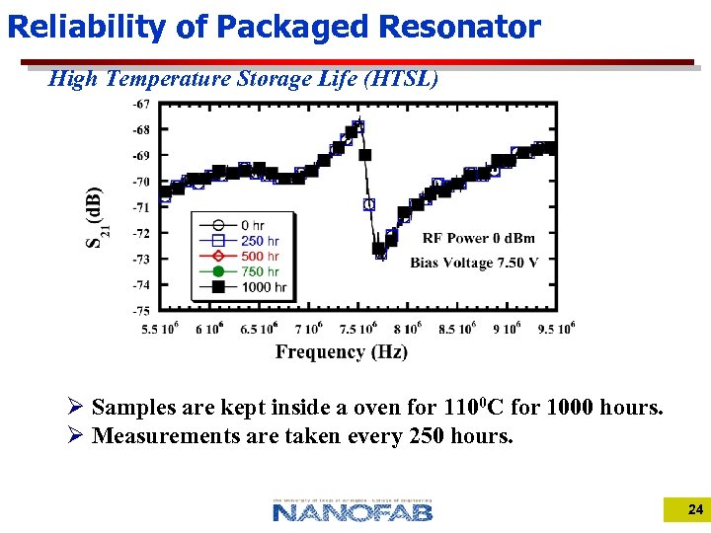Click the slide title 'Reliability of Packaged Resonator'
click(274, 27)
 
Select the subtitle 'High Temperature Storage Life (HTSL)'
click(243, 79)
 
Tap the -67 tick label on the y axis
click(141, 105)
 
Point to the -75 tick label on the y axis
click(141, 310)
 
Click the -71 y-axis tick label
click(141, 207)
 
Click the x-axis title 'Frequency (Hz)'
click(341, 352)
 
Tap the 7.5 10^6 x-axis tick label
click(358, 329)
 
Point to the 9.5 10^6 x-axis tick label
click(556, 329)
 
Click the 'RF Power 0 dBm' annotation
click(478, 238)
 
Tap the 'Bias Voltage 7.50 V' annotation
click(474, 264)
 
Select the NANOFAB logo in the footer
click(353, 510)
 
